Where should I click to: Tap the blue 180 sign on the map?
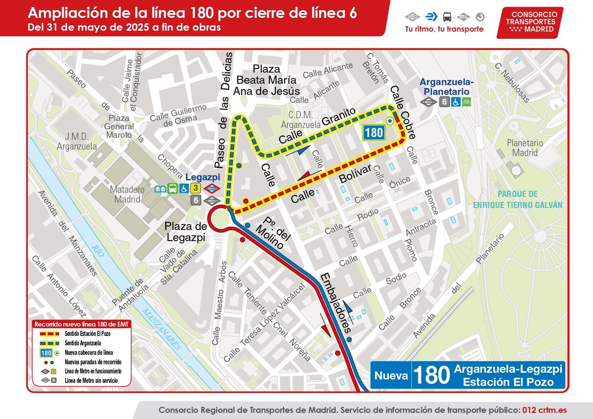coord(374,132)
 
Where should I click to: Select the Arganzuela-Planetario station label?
coord(446,87)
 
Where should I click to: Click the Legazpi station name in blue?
coord(203,177)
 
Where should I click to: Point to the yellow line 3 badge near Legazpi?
coord(195,188)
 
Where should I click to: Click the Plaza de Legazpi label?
coord(186,232)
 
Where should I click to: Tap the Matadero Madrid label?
coord(127,194)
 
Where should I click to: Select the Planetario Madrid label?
coord(525,148)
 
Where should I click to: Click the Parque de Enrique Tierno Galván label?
coord(517,200)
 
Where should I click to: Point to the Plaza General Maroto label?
coord(119,127)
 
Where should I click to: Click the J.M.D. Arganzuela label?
coord(77,141)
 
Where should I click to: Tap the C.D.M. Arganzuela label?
coord(301,120)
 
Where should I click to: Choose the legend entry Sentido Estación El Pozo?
coord(87,334)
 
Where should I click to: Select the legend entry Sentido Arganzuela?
coord(82,343)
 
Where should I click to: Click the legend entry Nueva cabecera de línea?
coord(89,353)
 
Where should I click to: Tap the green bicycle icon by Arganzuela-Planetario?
coord(466,101)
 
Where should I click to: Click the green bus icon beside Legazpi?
coord(173,188)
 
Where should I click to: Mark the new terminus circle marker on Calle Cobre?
coord(390,121)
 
